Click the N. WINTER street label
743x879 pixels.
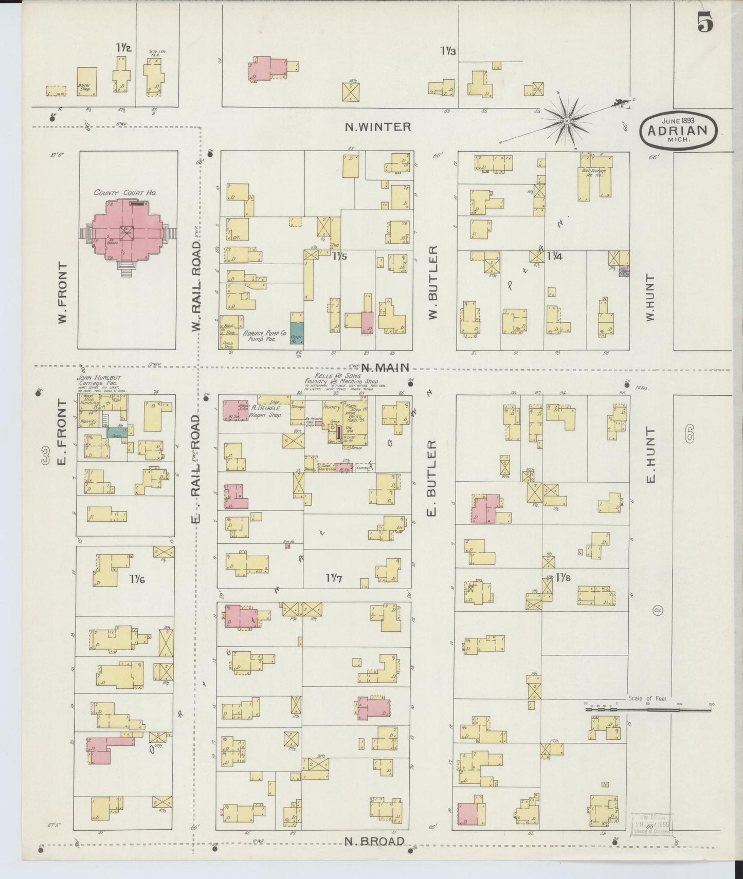tap(378, 126)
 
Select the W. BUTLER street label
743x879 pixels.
tap(432, 282)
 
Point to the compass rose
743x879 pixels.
tap(567, 121)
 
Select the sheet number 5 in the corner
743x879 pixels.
tap(705, 23)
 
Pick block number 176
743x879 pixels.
tap(137, 580)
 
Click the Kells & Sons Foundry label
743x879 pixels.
tap(342, 380)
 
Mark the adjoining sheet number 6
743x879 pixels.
tap(689, 435)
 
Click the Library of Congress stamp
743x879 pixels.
tap(652, 824)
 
